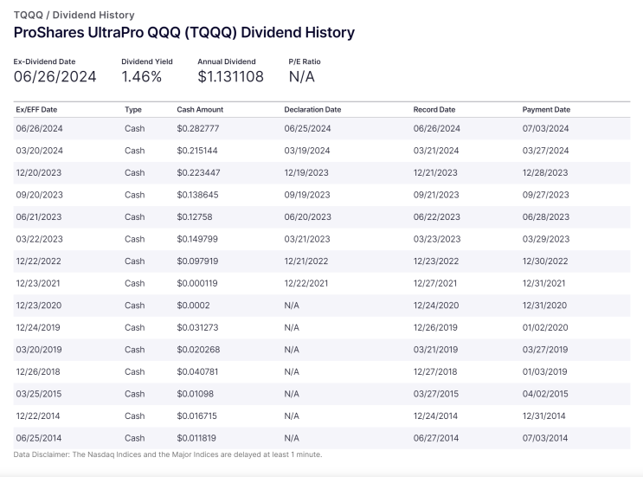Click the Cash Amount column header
[200, 109]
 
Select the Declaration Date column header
[312, 109]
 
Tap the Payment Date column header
[546, 109]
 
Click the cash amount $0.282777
[198, 128]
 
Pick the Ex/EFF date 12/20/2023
[39, 172]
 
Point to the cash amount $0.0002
[193, 306]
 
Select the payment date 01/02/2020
[545, 328]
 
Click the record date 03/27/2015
[436, 394]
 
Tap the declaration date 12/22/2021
[305, 283]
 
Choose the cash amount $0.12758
[195, 217]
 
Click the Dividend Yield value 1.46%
[141, 77]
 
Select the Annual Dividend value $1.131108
[230, 77]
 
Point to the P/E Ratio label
[305, 61]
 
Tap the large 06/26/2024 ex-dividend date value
[55, 77]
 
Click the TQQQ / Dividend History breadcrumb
[74, 16]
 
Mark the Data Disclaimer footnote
[168, 454]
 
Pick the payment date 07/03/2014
[545, 438]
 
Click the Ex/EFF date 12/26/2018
[38, 372]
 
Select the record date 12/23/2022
[436, 261]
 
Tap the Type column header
[133, 109]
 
